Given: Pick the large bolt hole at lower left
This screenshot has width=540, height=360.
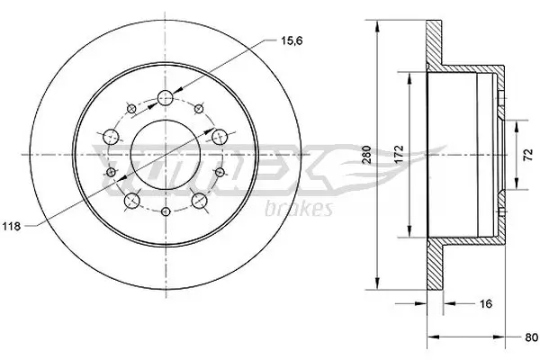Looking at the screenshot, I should tap(133, 200).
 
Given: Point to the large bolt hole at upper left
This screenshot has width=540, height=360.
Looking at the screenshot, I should tap(112, 137).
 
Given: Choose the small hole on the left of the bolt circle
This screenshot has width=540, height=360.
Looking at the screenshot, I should tap(110, 171).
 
